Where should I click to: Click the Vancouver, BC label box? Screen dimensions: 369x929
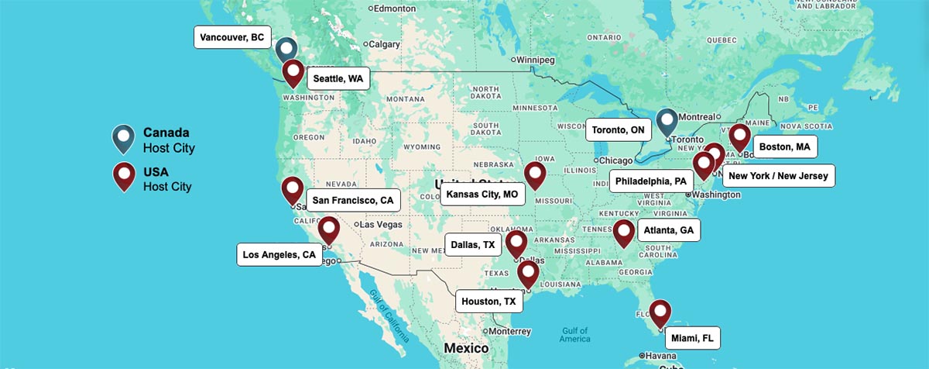231,37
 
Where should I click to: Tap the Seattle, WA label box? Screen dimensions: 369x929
338,78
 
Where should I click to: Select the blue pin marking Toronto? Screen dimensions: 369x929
667,121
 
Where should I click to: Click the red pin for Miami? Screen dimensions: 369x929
660,312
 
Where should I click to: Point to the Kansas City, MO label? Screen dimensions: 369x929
482,194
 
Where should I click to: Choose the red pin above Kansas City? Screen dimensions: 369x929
534,174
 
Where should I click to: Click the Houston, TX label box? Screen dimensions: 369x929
488,301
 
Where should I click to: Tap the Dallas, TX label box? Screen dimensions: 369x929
472,245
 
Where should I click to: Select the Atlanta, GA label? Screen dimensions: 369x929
669,230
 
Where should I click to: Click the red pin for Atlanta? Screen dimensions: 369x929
624,232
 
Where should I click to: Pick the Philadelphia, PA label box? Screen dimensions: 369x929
650,181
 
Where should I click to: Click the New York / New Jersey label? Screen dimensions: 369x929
778,176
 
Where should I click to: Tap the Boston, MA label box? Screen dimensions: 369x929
784,147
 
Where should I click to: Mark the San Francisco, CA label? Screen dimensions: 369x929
352,200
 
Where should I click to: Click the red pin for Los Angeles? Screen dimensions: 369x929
328,229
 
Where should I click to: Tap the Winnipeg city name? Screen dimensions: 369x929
536,60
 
